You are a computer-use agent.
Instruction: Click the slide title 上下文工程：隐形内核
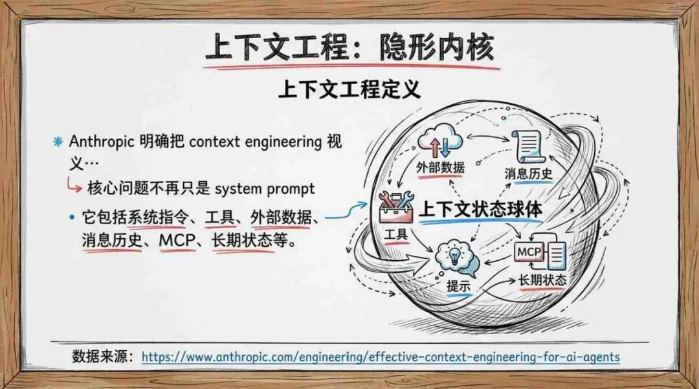(349, 48)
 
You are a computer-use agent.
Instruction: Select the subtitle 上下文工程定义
(349, 89)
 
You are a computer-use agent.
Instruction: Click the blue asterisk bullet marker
(58, 141)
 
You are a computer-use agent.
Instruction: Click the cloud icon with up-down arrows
(440, 142)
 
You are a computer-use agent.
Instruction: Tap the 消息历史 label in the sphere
(528, 173)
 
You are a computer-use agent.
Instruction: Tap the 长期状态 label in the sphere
(542, 280)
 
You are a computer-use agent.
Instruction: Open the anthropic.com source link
(381, 357)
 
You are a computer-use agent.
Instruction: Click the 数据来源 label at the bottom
(102, 357)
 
